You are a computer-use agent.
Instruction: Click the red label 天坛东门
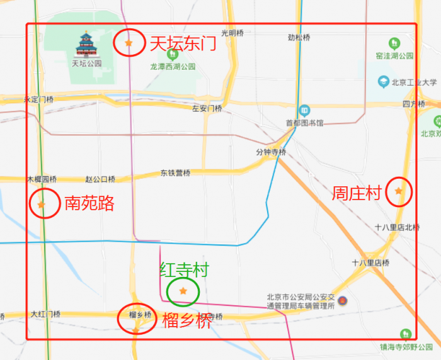(182, 43)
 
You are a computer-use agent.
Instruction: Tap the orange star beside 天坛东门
(129, 43)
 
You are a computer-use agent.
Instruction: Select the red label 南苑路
(89, 203)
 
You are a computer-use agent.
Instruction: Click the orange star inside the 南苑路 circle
(42, 205)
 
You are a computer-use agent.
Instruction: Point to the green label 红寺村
(183, 271)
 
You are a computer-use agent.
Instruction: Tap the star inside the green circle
(183, 291)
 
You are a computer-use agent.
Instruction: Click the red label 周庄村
(357, 193)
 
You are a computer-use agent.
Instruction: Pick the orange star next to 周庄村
(398, 191)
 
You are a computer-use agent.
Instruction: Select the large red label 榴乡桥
(187, 320)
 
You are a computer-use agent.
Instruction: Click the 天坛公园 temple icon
(86, 45)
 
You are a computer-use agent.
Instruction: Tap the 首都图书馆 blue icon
(304, 110)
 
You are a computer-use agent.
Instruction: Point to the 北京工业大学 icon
(383, 82)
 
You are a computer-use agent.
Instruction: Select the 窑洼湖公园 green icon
(394, 43)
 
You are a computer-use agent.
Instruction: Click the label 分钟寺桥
(271, 152)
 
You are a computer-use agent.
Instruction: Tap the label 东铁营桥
(175, 173)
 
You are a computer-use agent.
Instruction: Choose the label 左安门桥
(207, 108)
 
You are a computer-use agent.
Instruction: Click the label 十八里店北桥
(397, 227)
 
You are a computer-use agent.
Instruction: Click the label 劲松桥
(299, 37)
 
